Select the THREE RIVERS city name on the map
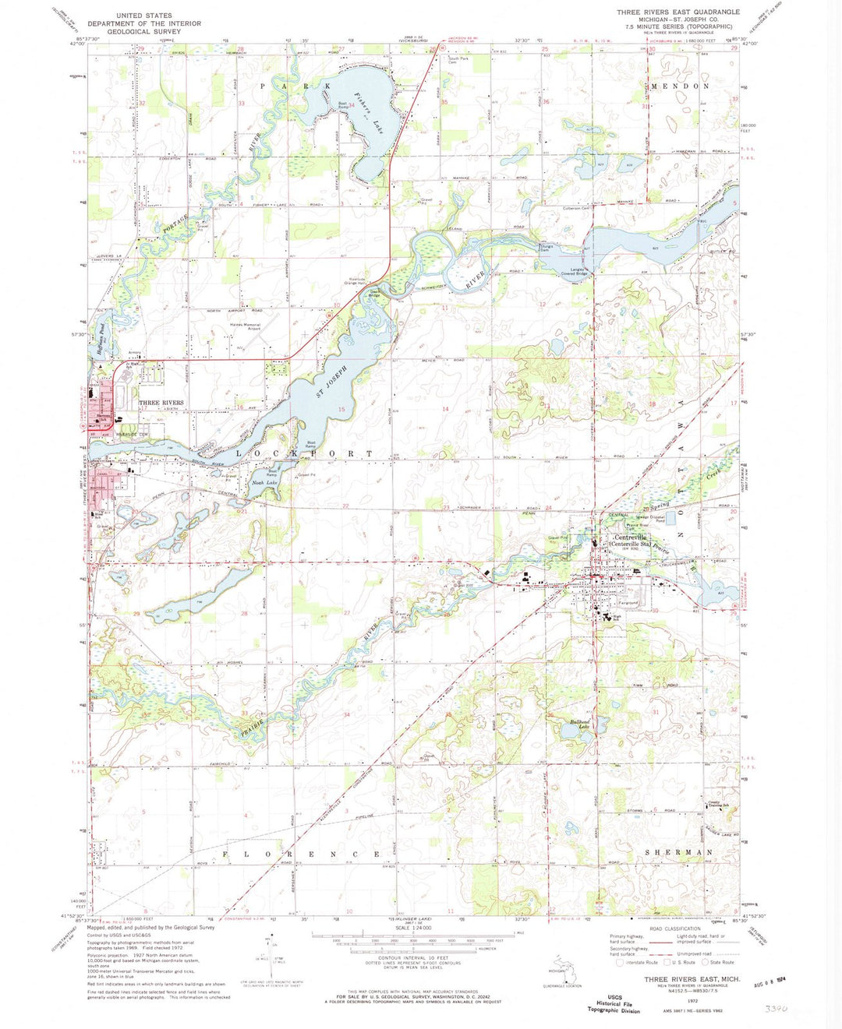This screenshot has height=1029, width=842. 161,403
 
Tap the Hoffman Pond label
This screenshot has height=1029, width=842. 102,340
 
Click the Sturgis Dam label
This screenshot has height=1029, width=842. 547,248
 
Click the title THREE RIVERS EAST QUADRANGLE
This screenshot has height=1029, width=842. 677,12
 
